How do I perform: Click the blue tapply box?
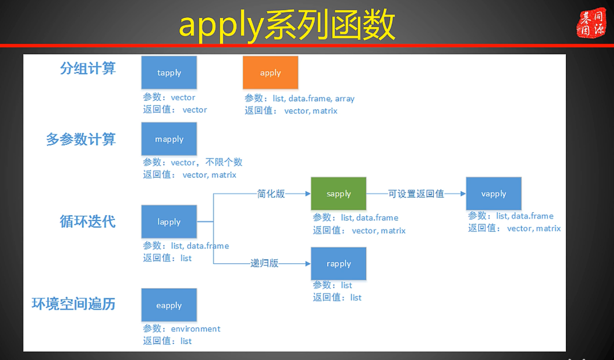[x=169, y=73]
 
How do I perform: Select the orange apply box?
[x=270, y=73]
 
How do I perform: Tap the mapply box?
[x=169, y=139]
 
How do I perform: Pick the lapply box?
[x=169, y=221]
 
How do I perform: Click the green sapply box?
[x=339, y=193]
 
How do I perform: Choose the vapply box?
[x=494, y=193]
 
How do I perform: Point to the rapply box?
[x=339, y=264]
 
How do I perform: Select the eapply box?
[x=169, y=305]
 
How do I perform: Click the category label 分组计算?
[x=88, y=68]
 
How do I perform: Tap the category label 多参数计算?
[x=81, y=139]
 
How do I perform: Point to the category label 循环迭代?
[x=88, y=221]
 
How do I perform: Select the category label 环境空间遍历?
[x=73, y=303]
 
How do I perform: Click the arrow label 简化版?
[x=271, y=193]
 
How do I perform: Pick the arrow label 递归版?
[x=264, y=263]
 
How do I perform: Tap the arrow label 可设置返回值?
[x=416, y=193]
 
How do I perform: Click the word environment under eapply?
[x=195, y=329]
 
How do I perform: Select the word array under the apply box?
[x=345, y=98]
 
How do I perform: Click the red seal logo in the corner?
[x=591, y=22]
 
